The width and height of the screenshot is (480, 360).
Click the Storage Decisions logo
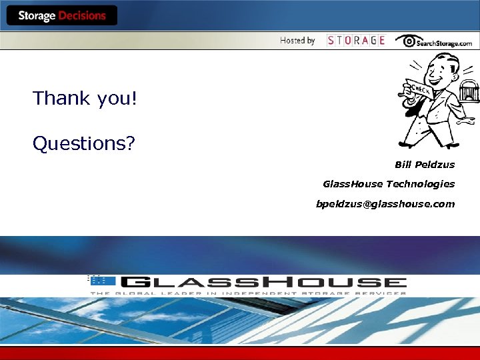tap(61, 16)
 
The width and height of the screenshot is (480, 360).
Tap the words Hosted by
tap(297, 41)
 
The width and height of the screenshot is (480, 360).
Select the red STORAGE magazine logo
tap(356, 41)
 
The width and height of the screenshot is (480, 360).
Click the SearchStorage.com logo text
tap(444, 43)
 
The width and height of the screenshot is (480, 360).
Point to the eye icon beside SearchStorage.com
tap(405, 41)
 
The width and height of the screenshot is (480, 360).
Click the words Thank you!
tap(85, 99)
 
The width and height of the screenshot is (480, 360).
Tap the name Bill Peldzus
tap(424, 165)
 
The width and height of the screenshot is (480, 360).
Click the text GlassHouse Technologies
tap(388, 184)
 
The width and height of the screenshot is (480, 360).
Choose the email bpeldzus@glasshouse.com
tap(385, 204)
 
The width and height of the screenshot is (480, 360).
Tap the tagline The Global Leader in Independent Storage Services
tap(248, 293)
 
